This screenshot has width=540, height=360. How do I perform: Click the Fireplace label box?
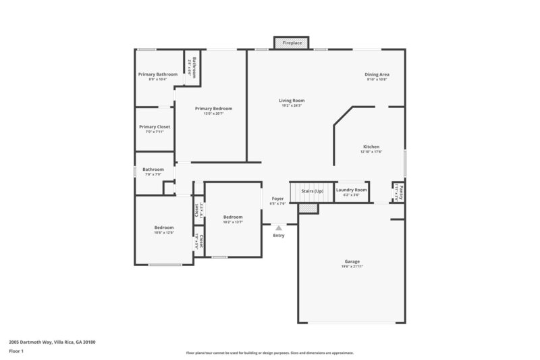pyautogui.click(x=292, y=43)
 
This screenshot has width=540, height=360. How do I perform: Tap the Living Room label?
pyautogui.click(x=292, y=101)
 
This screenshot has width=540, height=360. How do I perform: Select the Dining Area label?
pyautogui.click(x=377, y=74)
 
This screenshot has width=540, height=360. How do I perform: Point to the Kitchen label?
pyautogui.click(x=371, y=147)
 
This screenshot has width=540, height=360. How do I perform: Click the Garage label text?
pyautogui.click(x=352, y=261)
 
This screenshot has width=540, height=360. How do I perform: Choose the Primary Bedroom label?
pyautogui.click(x=213, y=109)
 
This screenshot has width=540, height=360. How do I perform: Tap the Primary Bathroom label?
pyautogui.click(x=157, y=74)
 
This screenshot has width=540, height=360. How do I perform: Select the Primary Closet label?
pyautogui.click(x=155, y=127)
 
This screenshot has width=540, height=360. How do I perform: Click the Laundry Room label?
pyautogui.click(x=351, y=190)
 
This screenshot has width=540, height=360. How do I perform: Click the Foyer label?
pyautogui.click(x=277, y=199)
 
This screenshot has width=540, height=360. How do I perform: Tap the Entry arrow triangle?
pyautogui.click(x=278, y=228)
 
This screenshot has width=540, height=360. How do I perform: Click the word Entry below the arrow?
pyautogui.click(x=278, y=236)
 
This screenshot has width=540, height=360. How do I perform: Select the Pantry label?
pyautogui.click(x=401, y=188)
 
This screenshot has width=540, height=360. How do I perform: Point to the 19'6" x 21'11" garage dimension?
pyautogui.click(x=352, y=267)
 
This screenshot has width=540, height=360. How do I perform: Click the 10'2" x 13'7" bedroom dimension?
pyautogui.click(x=233, y=222)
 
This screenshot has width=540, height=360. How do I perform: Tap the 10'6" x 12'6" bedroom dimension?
pyautogui.click(x=164, y=233)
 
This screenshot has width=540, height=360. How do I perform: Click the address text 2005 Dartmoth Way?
pyautogui.click(x=52, y=342)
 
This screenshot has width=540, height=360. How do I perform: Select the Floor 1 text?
pyautogui.click(x=16, y=351)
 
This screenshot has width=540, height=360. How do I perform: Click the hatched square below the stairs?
pyautogui.click(x=308, y=209)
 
